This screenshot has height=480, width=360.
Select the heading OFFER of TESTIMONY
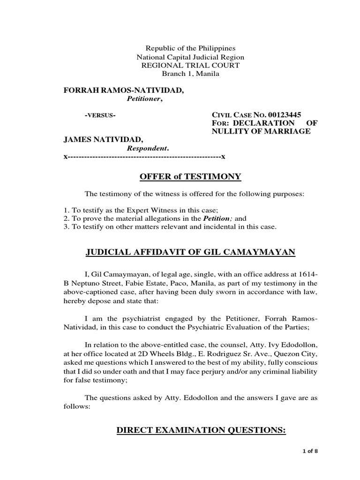pos(190,176)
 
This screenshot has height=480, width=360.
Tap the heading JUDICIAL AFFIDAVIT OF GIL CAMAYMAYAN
pos(190,253)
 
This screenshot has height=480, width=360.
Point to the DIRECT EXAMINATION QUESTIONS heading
pos(201,431)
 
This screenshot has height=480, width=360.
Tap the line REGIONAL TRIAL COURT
pos(190,65)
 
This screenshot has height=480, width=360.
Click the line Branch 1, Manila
pos(190,74)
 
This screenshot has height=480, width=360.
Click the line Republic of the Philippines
pos(190,48)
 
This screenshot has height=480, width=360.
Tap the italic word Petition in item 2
pos(218,218)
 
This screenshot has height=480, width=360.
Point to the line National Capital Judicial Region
pos(190,57)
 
